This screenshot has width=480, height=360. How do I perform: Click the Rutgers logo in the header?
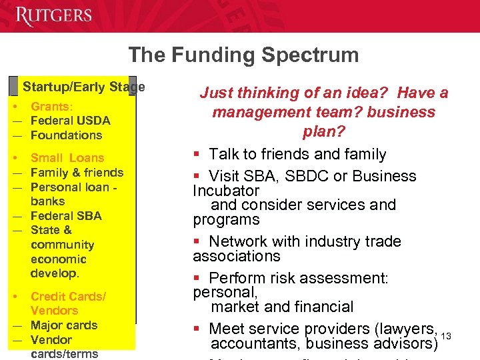click(55, 16)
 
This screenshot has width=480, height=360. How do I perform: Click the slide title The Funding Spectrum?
click(243, 55)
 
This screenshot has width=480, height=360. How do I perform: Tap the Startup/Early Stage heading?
click(83, 87)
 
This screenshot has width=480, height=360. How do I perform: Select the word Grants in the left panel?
click(51, 107)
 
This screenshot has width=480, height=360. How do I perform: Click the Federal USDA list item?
click(70, 121)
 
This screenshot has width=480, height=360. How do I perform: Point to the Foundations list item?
click(66, 135)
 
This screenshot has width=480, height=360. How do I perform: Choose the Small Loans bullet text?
click(67, 158)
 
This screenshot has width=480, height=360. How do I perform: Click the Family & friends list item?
click(77, 173)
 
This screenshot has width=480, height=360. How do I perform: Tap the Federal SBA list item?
click(66, 216)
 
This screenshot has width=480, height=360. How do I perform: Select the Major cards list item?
click(64, 325)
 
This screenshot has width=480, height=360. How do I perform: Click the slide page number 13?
click(446, 335)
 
